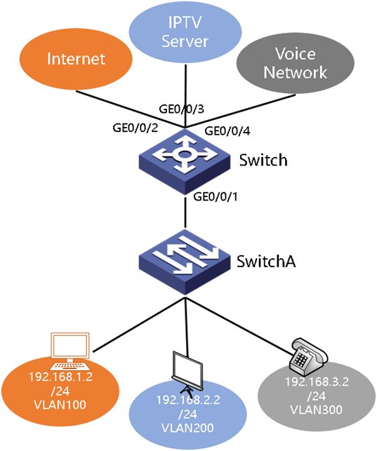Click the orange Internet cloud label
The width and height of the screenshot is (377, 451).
(x=76, y=59)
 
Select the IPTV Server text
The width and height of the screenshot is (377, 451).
(x=185, y=32)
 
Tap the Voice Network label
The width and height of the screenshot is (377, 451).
(x=296, y=62)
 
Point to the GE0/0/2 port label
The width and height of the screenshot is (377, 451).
(x=135, y=128)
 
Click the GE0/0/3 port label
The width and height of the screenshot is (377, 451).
(x=182, y=109)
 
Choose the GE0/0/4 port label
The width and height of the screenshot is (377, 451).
(x=227, y=131)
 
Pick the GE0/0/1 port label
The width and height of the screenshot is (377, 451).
(x=216, y=196)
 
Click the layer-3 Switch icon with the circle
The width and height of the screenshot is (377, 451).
(x=185, y=161)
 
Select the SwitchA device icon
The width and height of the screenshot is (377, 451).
(x=185, y=262)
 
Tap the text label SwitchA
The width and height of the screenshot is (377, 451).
(x=266, y=261)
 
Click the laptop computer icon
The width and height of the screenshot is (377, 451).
(x=70, y=351)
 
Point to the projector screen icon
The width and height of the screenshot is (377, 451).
(x=187, y=371)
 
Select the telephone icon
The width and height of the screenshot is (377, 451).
(x=308, y=354)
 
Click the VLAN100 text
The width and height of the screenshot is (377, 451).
(x=60, y=405)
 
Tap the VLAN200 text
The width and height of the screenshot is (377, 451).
(x=187, y=428)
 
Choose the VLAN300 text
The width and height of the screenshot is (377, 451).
(x=317, y=410)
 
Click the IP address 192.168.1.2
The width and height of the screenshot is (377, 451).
(x=60, y=377)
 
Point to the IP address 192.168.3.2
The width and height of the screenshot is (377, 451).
(x=317, y=382)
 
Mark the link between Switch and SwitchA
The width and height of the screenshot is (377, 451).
(x=185, y=213)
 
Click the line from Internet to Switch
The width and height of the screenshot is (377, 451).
(x=131, y=109)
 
